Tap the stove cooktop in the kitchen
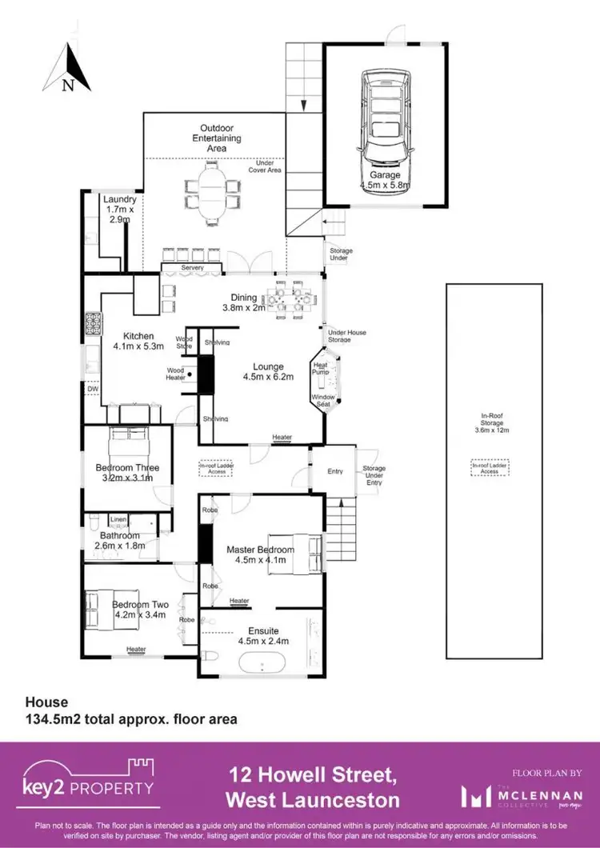tap(90, 324)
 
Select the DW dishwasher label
tap(93, 390)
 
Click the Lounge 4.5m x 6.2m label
tap(268, 371)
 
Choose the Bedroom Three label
tap(127, 473)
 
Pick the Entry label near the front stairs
tap(335, 471)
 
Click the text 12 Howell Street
tap(311, 775)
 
